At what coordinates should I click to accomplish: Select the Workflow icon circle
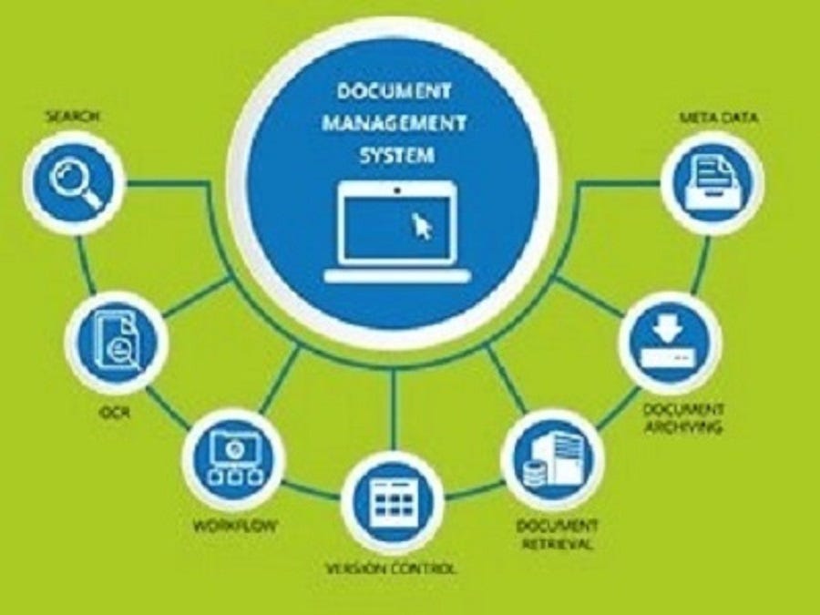233,455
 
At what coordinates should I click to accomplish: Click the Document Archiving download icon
670,341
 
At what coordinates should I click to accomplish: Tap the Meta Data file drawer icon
712,180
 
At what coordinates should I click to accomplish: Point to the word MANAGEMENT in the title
395,123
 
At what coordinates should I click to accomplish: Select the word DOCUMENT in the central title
395,91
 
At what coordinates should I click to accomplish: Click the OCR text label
116,414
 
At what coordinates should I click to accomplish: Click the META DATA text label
718,118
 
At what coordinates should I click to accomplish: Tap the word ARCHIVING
683,426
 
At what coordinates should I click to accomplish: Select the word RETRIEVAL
557,544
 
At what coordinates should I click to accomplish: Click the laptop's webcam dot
397,190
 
